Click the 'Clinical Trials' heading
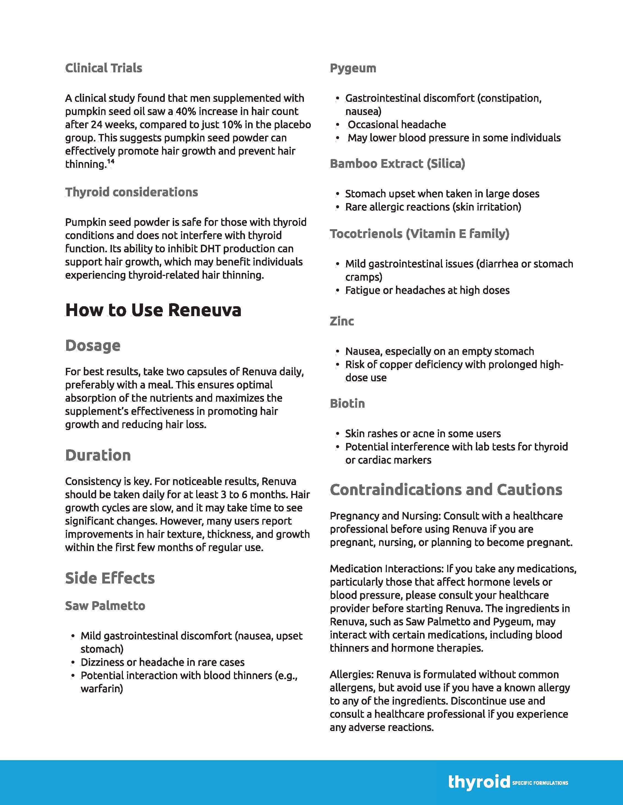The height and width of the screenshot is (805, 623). click(x=103, y=68)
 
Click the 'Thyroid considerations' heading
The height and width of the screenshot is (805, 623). click(x=131, y=192)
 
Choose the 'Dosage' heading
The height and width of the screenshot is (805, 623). click(x=93, y=345)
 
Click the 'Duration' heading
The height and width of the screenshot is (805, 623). click(x=98, y=455)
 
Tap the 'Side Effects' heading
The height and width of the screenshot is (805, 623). click(x=110, y=578)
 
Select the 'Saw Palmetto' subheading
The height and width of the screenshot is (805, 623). click(x=105, y=606)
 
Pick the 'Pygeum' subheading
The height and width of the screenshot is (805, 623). click(x=353, y=68)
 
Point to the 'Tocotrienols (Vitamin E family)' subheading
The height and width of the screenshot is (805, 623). click(x=420, y=234)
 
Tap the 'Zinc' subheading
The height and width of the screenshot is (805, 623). click(x=342, y=321)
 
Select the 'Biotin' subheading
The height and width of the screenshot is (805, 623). click(x=347, y=403)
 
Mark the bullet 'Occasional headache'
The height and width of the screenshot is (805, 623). click(x=397, y=125)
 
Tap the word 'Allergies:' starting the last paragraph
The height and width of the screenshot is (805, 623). click(x=352, y=675)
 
